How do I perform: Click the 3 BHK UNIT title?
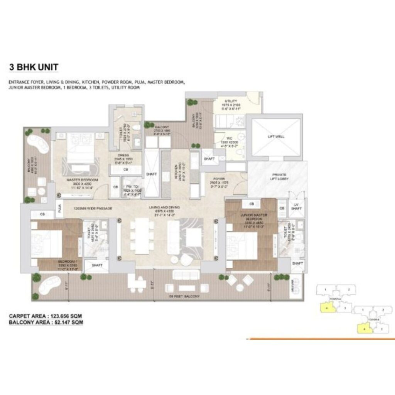click(x=34, y=67)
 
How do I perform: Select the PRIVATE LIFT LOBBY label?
click(x=277, y=177)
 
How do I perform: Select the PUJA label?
click(x=60, y=209)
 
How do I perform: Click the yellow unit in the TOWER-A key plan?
click(x=326, y=307)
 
